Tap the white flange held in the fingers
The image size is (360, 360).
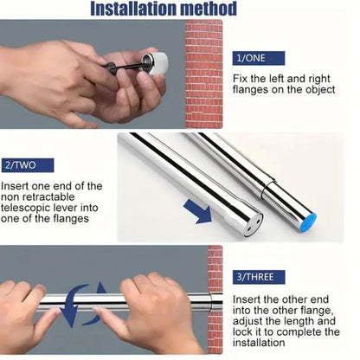click(x=157, y=64)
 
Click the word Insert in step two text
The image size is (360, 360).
click(x=18, y=186)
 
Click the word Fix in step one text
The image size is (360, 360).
click(x=241, y=80)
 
